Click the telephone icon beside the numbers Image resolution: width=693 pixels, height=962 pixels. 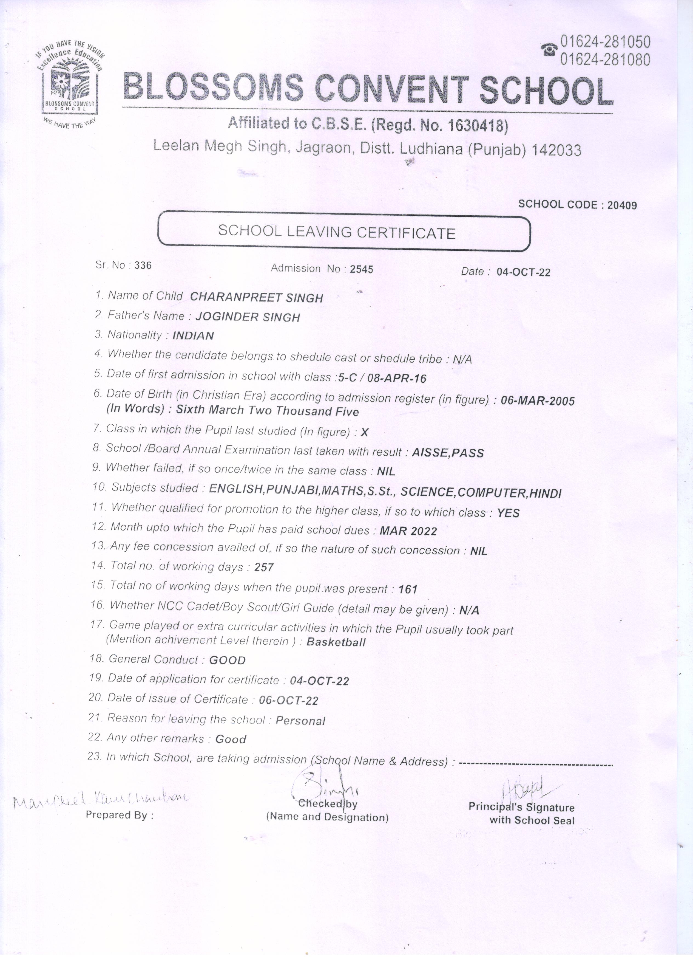[549, 50]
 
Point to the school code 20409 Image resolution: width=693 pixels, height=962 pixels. [622, 205]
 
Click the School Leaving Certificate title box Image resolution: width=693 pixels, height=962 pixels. [344, 233]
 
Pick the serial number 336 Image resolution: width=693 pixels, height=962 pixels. [143, 266]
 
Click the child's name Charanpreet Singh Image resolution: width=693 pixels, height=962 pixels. [256, 297]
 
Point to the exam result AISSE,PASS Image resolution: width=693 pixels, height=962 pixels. [448, 453]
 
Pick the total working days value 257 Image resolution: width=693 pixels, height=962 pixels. [264, 567]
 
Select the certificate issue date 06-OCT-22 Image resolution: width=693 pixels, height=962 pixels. [288, 700]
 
